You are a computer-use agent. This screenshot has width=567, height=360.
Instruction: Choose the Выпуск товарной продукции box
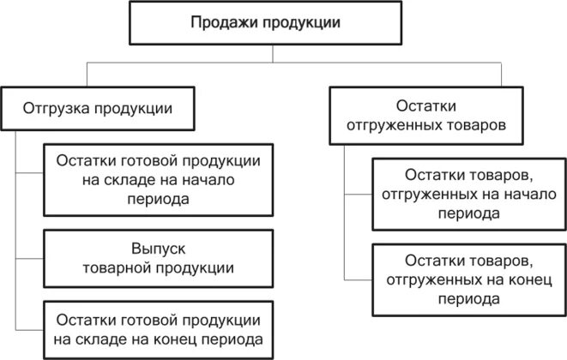[x=159, y=258]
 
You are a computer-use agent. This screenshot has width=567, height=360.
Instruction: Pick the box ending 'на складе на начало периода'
[x=159, y=179]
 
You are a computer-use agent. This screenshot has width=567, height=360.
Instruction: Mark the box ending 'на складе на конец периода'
[x=159, y=330]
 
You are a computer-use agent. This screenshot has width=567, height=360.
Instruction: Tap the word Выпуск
[x=159, y=249]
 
